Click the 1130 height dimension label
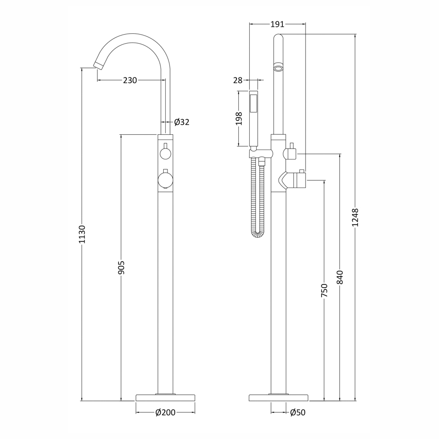[x=82, y=234]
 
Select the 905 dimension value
[x=121, y=267]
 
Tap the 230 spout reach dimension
[x=130, y=81]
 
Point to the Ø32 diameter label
[x=181, y=122]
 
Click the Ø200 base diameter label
[x=165, y=412]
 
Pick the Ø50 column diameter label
[x=298, y=412]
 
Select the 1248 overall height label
[x=355, y=217]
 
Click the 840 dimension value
[x=340, y=277]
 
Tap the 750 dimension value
[x=324, y=290]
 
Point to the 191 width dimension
[x=277, y=24]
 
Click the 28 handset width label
[x=238, y=81]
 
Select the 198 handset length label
[x=239, y=118]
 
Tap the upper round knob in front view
[x=165, y=153]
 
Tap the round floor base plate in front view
[x=165, y=398]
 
